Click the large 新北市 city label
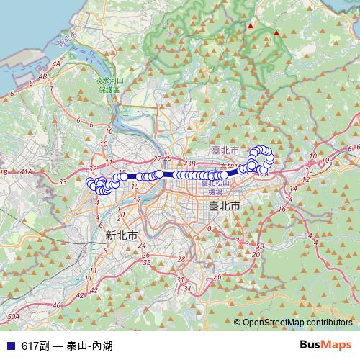point(122,235)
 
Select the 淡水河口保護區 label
point(110,86)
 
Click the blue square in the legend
point(9,345)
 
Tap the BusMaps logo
point(325,344)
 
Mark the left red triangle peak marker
point(251,26)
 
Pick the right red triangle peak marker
point(276,32)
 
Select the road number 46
point(57,306)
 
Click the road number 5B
point(261,247)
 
